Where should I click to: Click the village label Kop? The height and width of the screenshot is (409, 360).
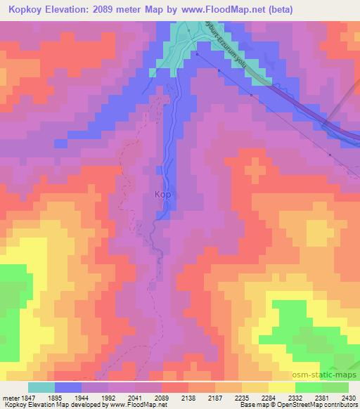pos(162,195)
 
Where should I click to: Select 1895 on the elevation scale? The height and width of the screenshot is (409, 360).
pos(54,397)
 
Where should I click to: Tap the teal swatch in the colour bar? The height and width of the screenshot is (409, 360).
pos(41,387)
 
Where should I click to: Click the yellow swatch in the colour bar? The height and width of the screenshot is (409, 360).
pos(281,387)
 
